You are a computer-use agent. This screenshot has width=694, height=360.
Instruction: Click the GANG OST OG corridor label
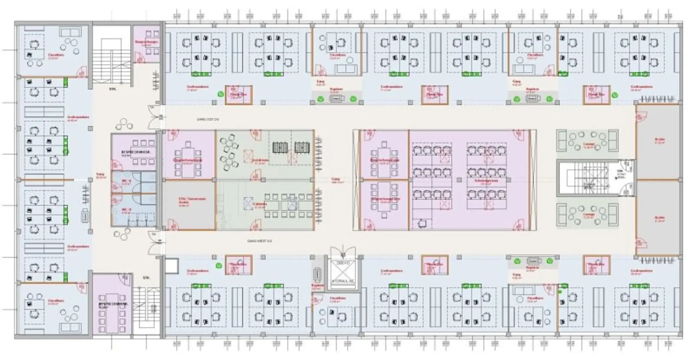pyautogui.click(x=207, y=119)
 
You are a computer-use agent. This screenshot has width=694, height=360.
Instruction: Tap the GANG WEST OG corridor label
pyautogui.click(x=259, y=241)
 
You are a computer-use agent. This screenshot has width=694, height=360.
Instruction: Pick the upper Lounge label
pyautogui.click(x=588, y=145)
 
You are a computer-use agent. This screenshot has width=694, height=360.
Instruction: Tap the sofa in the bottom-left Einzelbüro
pyautogui.click(x=70, y=327)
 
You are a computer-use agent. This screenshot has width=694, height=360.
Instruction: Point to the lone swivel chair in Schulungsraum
pyautogui.click(x=421, y=224)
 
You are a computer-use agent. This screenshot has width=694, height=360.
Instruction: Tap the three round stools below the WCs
pyautogui.click(x=120, y=235)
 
